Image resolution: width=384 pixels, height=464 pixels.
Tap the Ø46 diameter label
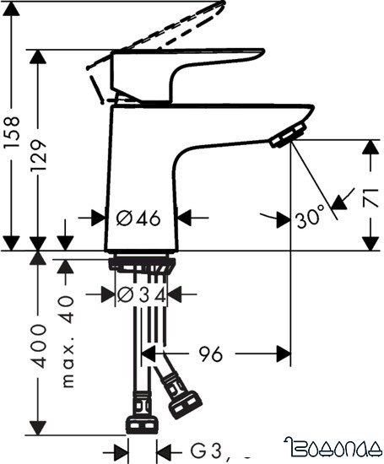[138, 218]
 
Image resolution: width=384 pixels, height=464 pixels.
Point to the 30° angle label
[309, 218]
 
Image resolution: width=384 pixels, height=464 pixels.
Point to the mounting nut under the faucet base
[142, 264]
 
